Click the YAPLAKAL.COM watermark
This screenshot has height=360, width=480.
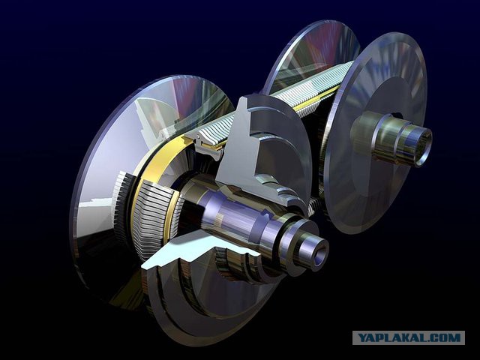click(409, 338)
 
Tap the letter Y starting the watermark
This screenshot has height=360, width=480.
click(362, 338)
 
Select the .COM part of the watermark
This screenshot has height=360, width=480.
click(443, 338)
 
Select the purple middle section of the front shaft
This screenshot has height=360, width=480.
click(232, 211)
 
